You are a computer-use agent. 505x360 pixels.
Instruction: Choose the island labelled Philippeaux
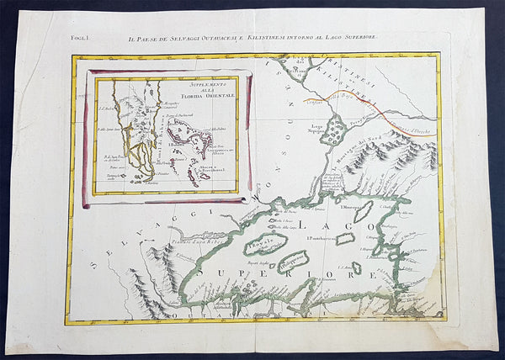pyautogui.click(x=300, y=262)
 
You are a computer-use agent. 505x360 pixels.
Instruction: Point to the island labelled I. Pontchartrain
pyautogui.click(x=345, y=239)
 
